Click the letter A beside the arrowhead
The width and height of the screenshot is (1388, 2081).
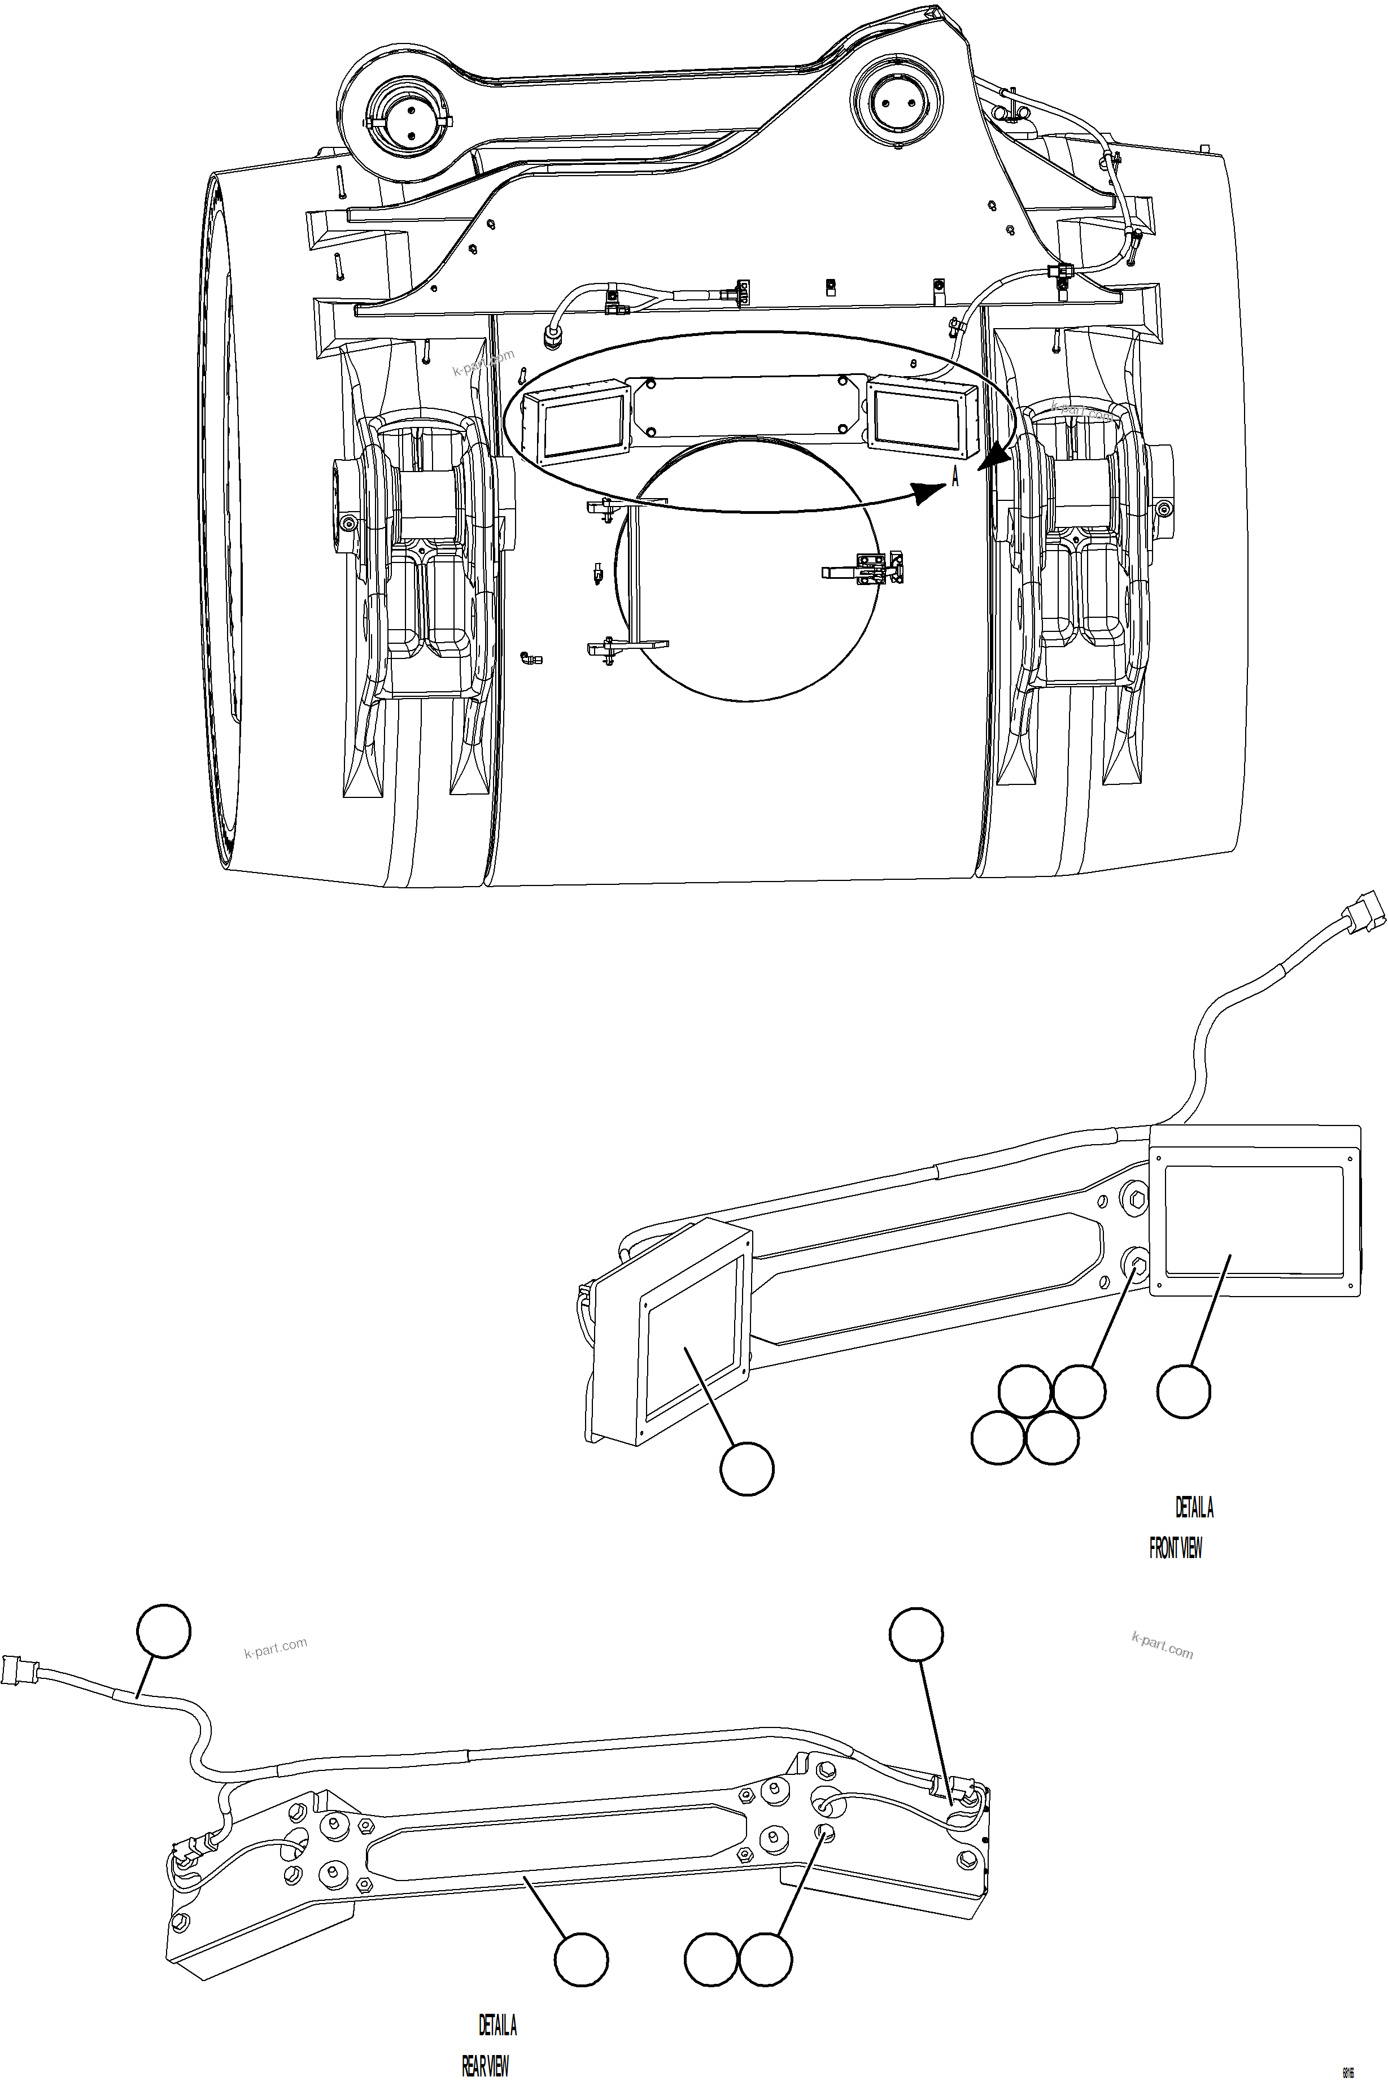[955, 477]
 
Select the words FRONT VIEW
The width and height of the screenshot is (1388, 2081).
[1176, 1548]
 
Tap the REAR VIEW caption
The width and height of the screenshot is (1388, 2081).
[485, 2066]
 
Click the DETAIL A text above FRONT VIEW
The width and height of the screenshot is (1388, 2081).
[1194, 1507]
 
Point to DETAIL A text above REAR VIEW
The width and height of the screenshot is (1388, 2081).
[497, 2025]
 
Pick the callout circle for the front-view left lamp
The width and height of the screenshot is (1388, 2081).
[747, 1469]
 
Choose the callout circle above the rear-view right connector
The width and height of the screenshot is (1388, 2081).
[916, 1634]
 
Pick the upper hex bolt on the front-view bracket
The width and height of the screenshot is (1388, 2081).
[1138, 1201]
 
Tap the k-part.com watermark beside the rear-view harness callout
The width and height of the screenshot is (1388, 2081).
[276, 1649]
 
